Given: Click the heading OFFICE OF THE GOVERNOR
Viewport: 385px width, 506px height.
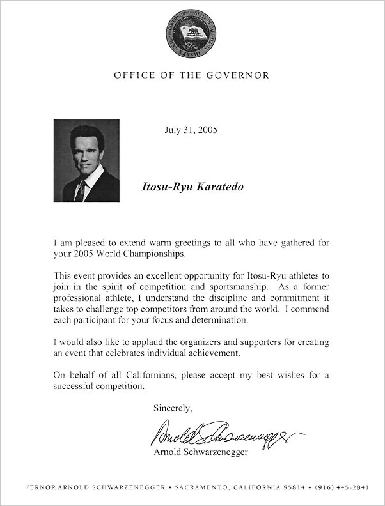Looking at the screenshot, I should coord(191,75).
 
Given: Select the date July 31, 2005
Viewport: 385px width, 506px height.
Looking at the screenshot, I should coord(191,130).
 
